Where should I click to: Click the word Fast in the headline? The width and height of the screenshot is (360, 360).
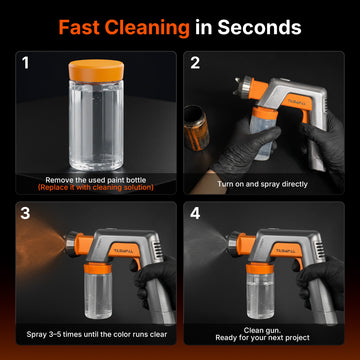79,27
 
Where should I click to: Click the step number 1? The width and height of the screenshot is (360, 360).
26,63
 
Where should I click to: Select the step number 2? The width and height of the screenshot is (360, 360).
195,63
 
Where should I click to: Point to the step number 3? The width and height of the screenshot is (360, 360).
26,214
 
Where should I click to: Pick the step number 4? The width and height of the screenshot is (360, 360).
195,214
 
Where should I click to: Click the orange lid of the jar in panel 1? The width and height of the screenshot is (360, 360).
96,70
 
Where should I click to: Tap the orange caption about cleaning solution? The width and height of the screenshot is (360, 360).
96,188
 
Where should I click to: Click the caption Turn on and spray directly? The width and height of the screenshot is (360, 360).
262,184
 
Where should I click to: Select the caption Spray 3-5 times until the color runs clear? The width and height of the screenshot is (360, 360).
97,334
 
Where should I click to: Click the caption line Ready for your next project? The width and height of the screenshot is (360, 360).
262,338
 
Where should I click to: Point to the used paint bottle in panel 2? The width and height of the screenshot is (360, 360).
196,128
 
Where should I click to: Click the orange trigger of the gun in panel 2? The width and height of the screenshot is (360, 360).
304,116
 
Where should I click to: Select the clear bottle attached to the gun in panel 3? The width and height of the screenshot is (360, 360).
98,293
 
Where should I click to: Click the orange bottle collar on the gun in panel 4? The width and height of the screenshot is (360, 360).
260,268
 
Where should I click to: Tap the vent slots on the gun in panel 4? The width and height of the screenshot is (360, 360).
320,249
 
